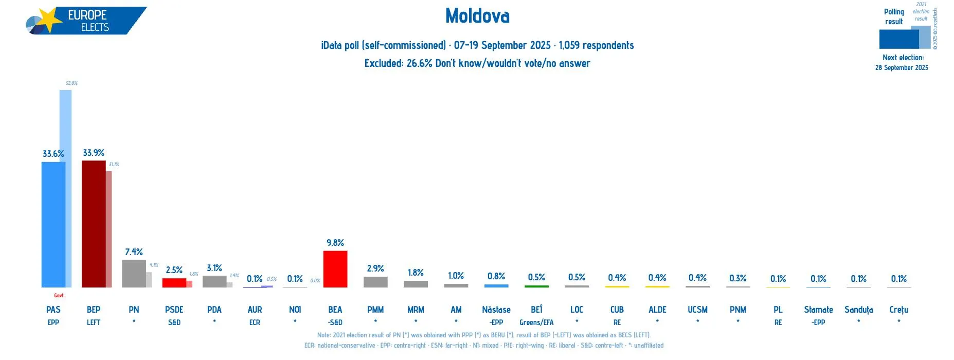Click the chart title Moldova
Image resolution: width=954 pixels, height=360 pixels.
click(x=477, y=16)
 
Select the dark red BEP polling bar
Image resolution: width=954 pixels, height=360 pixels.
click(x=93, y=224)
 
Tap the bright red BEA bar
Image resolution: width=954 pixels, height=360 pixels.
click(x=335, y=269)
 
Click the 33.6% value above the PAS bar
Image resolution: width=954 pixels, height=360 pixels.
click(x=53, y=154)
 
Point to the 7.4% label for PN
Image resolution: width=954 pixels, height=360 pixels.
click(x=134, y=252)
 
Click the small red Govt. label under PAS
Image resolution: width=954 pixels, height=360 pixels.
click(x=59, y=296)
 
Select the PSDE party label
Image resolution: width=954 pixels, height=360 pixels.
click(x=174, y=310)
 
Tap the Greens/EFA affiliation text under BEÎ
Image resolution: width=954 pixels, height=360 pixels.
click(x=536, y=322)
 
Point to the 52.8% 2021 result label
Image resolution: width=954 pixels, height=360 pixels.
click(x=71, y=83)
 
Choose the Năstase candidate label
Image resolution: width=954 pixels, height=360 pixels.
click(x=496, y=310)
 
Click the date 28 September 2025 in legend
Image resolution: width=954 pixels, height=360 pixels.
click(x=902, y=68)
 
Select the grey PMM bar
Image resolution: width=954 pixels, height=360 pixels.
click(x=375, y=282)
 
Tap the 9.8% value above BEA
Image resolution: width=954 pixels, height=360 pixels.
click(x=335, y=243)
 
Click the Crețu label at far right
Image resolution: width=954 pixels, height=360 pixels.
click(x=898, y=310)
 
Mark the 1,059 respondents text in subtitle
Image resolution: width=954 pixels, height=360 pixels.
click(x=596, y=45)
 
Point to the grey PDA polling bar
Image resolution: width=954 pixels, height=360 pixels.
click(x=214, y=281)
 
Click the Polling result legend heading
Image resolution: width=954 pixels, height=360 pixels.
click(x=894, y=16)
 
